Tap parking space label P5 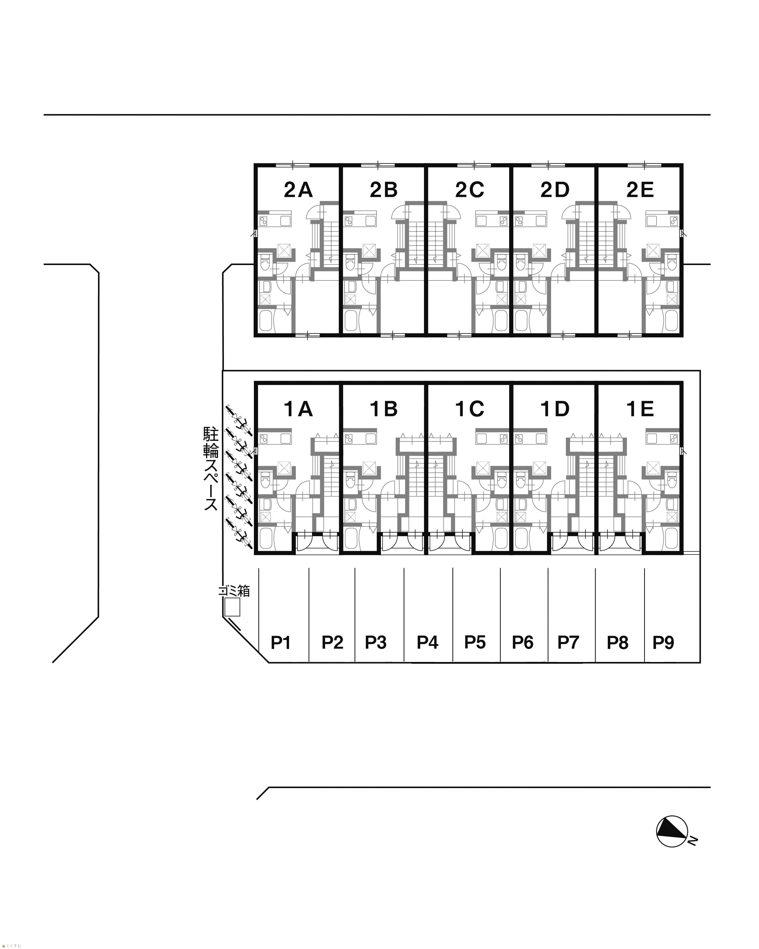point(475,642)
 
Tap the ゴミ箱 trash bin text point(234,591)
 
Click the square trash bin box point(232,607)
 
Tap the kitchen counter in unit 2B point(360,220)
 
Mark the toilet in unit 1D point(521,482)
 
